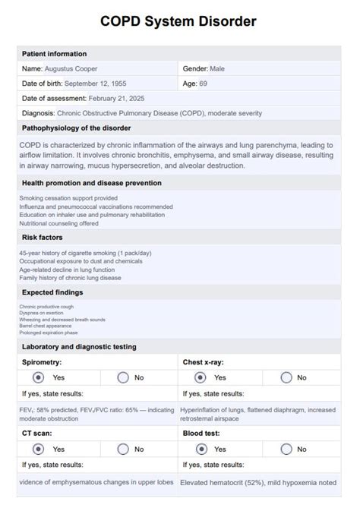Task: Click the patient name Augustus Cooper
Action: pyautogui.click(x=71, y=68)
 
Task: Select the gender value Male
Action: pyautogui.click(x=216, y=68)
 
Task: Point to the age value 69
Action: pyautogui.click(x=204, y=83)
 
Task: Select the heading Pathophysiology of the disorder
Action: pyautogui.click(x=76, y=128)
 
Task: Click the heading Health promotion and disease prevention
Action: pyautogui.click(x=91, y=183)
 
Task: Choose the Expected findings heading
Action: pyautogui.click(x=52, y=292)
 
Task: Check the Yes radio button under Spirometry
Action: pyautogui.click(x=38, y=377)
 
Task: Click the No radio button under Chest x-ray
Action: pyautogui.click(x=286, y=377)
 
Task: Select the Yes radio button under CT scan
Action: pyautogui.click(x=38, y=449)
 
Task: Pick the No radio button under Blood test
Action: pyautogui.click(x=286, y=449)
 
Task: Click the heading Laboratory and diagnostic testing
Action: pyautogui.click(x=79, y=347)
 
